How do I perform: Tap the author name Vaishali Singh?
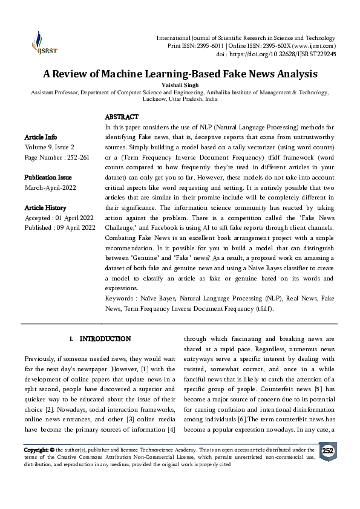(x=180, y=86)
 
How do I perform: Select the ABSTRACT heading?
(x=122, y=117)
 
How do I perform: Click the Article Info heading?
(x=41, y=137)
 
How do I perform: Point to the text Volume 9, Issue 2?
(x=50, y=147)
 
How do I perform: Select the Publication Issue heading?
(x=48, y=178)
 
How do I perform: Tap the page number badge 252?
(x=327, y=451)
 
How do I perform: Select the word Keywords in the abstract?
(x=119, y=299)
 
